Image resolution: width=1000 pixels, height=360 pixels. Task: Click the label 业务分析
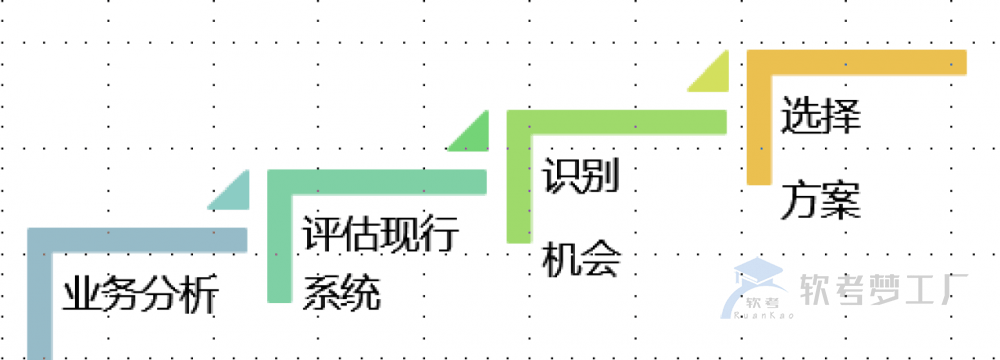[140, 296]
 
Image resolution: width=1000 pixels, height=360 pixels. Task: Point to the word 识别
[582, 178]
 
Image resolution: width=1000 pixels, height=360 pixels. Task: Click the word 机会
[582, 260]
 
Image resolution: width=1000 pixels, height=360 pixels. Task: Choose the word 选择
[821, 116]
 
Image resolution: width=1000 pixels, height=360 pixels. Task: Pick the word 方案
[821, 199]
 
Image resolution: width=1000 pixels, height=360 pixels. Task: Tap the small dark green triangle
[472, 135]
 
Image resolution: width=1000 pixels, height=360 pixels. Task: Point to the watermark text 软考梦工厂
[880, 291]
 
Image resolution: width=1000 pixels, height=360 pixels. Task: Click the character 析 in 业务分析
[198, 296]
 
